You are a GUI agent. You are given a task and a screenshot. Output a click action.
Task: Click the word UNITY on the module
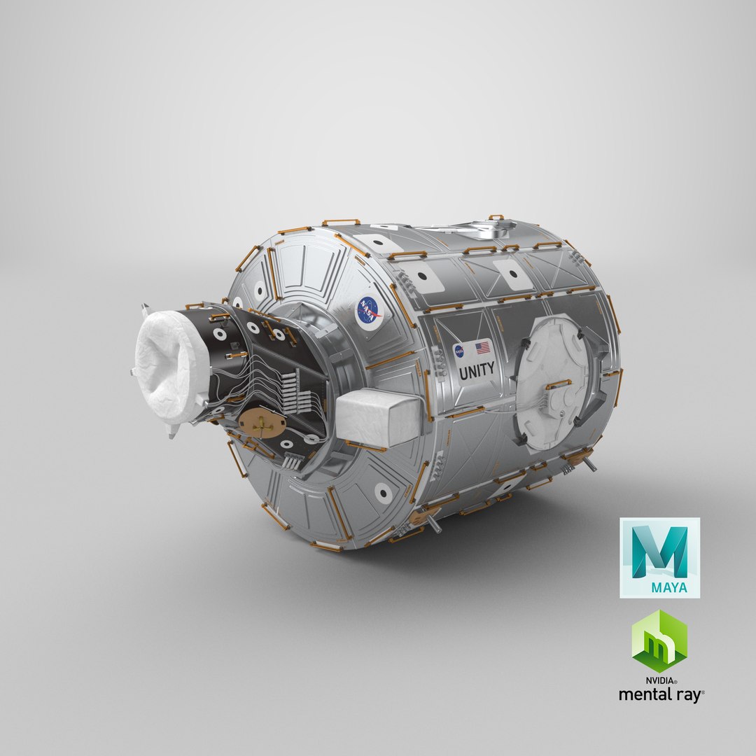tap(477, 369)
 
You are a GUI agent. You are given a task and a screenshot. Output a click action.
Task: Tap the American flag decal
tap(482, 347)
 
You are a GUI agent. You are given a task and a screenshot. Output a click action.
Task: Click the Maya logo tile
tap(659, 557)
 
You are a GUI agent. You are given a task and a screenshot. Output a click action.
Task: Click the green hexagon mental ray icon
tap(659, 640)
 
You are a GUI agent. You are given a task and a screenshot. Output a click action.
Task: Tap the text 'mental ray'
tap(660, 694)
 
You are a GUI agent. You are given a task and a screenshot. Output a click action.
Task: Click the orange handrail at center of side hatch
tap(558, 384)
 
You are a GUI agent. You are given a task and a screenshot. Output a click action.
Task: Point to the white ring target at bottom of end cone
tap(382, 493)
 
